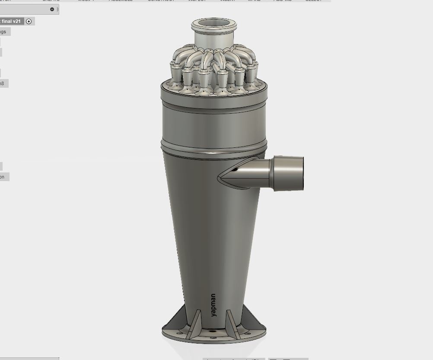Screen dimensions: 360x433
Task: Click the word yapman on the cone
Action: coord(213,305)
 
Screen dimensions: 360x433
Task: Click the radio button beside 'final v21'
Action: coord(29,21)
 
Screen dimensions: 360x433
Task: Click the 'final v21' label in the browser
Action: coord(11,21)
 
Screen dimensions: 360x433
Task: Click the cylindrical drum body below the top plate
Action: coord(213,123)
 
